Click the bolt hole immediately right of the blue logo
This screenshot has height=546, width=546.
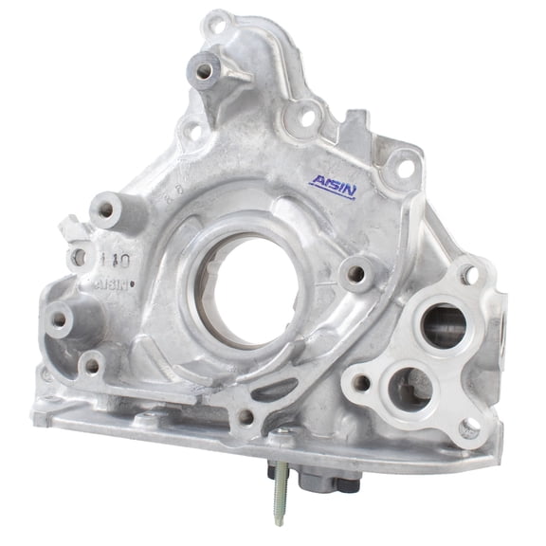click(x=402, y=169)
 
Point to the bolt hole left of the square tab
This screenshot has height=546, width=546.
click(x=306, y=119)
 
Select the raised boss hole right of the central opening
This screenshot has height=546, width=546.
click(x=356, y=273)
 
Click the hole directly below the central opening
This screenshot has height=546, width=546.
click(x=246, y=415)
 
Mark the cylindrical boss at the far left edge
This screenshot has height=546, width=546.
click(x=62, y=321)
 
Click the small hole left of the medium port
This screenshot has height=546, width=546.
click(x=361, y=384)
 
